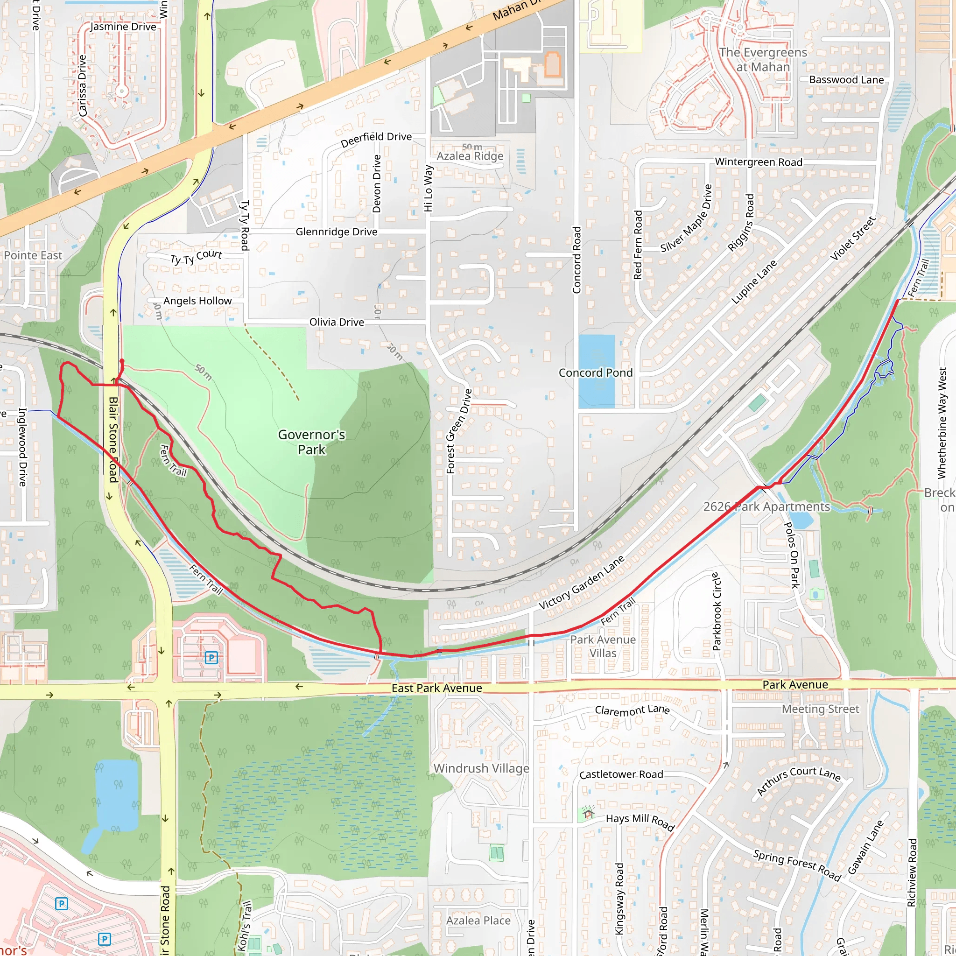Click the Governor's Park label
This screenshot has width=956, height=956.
311,442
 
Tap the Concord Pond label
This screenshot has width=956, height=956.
595,373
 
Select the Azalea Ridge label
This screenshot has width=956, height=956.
470,156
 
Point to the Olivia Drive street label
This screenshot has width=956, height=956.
337,322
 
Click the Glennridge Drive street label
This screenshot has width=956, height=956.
337,232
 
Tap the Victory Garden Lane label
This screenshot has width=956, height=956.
582,583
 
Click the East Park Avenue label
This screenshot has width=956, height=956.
436,688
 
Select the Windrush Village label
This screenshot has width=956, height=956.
481,768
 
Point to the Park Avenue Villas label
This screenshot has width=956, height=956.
603,646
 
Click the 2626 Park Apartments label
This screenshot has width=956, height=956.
766,506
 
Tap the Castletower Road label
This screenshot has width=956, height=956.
621,774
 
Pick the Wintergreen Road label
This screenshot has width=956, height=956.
759,162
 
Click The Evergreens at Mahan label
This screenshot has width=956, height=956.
763,59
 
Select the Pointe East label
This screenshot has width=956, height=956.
33,255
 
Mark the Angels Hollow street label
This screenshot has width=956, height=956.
197,301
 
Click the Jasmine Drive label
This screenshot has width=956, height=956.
123,27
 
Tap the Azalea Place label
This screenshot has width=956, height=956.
478,921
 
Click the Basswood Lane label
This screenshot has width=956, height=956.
846,80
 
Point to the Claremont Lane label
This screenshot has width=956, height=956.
632,710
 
